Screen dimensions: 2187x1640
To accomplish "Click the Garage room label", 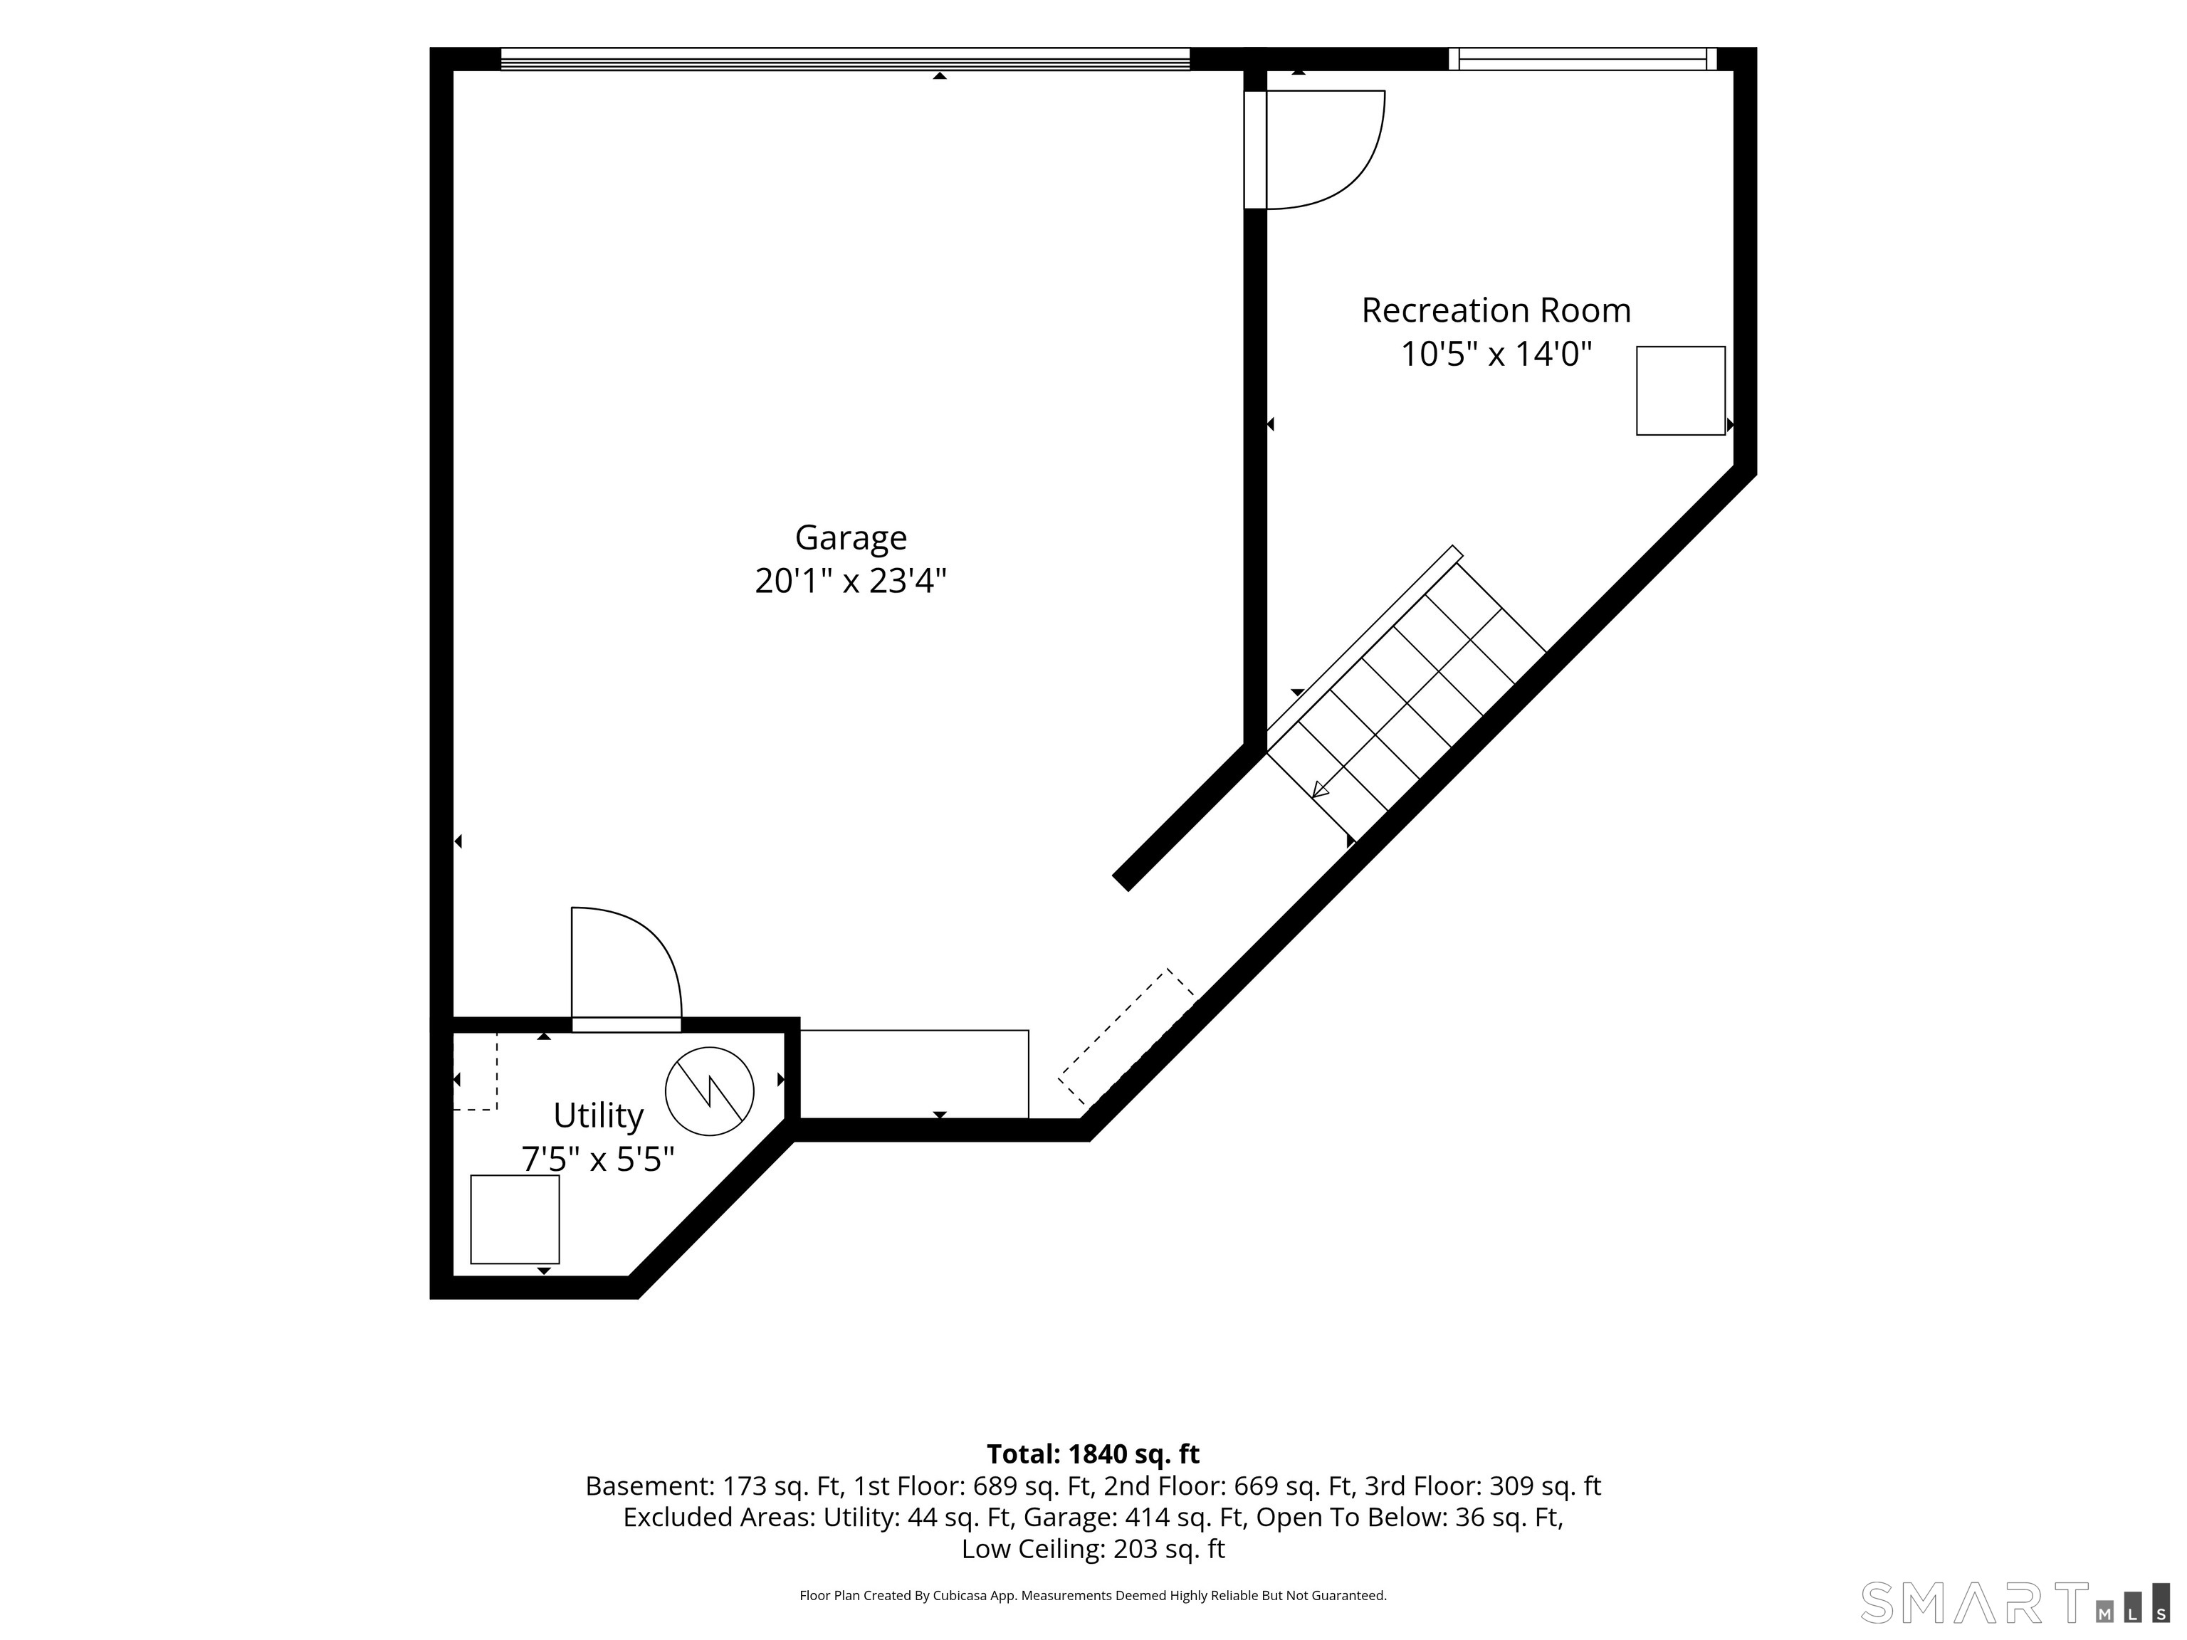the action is pyautogui.click(x=850, y=538).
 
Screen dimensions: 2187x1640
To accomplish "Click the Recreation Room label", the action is pyautogui.click(x=1496, y=310).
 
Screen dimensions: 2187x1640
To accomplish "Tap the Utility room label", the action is pyautogui.click(x=598, y=1116).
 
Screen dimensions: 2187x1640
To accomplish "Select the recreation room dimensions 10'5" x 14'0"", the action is pyautogui.click(x=1496, y=354).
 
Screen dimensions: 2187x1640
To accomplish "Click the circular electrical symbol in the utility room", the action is pyautogui.click(x=710, y=1091).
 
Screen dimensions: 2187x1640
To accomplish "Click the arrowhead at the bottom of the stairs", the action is pyautogui.click(x=1319, y=790).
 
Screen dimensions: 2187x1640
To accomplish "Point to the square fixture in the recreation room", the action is pyautogui.click(x=1681, y=391).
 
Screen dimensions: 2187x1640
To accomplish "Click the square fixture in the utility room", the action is pyautogui.click(x=514, y=1219).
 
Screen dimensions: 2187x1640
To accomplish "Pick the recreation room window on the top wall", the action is pyautogui.click(x=1583, y=59).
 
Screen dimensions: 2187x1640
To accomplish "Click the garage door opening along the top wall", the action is pyautogui.click(x=845, y=59).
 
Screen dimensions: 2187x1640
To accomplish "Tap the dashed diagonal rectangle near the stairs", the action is pyautogui.click(x=1127, y=1038).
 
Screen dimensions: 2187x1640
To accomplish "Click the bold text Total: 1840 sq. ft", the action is pyautogui.click(x=1093, y=1454).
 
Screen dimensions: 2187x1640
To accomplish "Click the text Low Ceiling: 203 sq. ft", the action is pyautogui.click(x=1093, y=1549).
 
